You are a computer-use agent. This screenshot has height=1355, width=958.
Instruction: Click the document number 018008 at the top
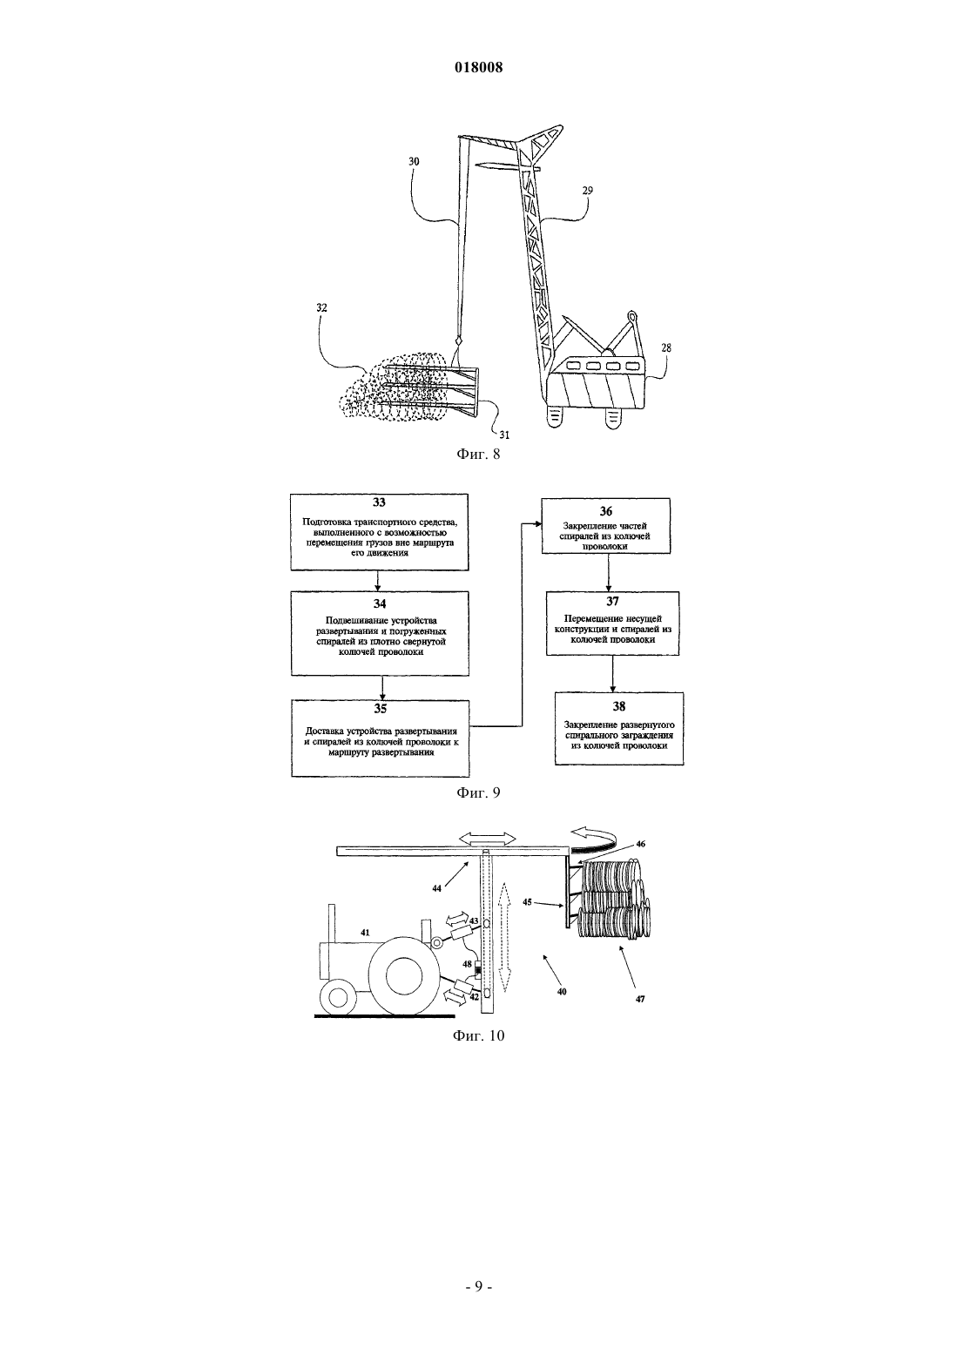pos(478,67)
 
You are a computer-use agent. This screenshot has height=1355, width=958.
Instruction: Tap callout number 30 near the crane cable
pos(414,161)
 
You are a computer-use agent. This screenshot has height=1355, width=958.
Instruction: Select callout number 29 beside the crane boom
pos(587,190)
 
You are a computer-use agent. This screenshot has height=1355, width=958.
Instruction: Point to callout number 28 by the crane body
pos(666,347)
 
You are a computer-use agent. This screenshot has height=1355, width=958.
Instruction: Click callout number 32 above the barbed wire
pos(321,307)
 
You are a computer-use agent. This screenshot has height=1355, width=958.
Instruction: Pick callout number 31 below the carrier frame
pos(504,435)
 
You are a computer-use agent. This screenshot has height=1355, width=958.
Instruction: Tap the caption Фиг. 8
pos(478,454)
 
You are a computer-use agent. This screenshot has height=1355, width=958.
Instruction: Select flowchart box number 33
pos(380,532)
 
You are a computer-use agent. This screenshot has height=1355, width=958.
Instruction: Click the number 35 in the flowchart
pos(381,708)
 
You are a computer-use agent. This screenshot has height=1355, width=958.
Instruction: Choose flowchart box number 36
pos(605,526)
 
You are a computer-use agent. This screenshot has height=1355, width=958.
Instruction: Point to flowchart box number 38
pos(619,729)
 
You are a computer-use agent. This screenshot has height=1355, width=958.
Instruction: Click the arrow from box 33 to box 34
pos(377,581)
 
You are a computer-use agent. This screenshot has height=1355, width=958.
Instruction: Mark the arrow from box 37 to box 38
pos(612,674)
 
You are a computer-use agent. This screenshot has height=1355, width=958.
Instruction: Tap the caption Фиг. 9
pos(478,792)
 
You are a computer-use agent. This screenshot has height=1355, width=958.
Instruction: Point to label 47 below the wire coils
pos(640,999)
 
